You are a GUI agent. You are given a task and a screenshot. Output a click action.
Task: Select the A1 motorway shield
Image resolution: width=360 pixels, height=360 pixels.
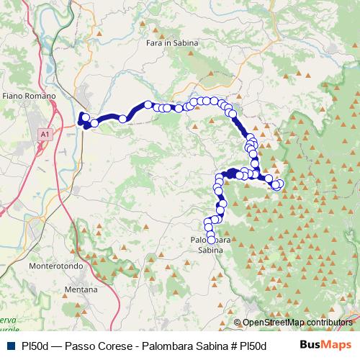(45, 134)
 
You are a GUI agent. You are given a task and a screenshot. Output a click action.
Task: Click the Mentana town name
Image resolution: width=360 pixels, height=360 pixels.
(81, 289)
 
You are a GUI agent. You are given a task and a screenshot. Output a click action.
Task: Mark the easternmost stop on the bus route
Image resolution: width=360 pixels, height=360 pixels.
(279, 184)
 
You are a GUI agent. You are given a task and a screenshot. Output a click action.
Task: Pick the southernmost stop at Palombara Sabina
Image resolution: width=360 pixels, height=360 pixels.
(211, 240)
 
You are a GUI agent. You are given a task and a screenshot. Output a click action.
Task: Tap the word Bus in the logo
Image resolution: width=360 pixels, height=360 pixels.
(310, 345)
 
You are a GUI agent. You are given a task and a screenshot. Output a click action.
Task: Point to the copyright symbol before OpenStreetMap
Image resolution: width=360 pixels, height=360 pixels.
(238, 322)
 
